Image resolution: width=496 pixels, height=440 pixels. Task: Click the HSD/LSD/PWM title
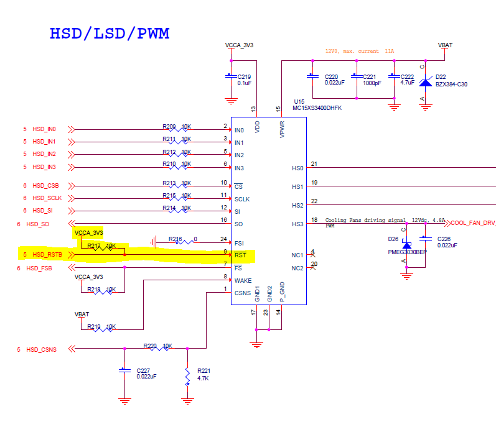pyautogui.click(x=109, y=33)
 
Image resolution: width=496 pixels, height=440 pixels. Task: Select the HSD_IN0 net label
pyautogui.click(x=44, y=129)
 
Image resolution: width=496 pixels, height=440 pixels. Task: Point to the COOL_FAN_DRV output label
pyautogui.click(x=473, y=222)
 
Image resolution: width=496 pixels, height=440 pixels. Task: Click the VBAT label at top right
pyautogui.click(x=445, y=45)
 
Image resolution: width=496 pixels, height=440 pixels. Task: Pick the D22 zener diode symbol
pyautogui.click(x=426, y=82)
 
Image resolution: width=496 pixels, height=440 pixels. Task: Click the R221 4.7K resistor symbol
pyautogui.click(x=187, y=375)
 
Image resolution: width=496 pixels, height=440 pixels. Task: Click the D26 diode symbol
pyautogui.click(x=406, y=247)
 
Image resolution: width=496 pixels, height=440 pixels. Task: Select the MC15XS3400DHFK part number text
pyautogui.click(x=317, y=108)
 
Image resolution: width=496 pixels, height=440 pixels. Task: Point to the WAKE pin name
pyautogui.click(x=243, y=280)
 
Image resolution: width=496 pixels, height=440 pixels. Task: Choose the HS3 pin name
pyautogui.click(x=297, y=224)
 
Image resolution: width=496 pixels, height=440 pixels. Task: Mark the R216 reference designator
pyautogui.click(x=176, y=239)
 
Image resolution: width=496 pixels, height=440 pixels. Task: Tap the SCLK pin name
pyautogui.click(x=243, y=199)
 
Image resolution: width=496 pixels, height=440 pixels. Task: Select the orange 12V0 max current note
pyautogui.click(x=360, y=51)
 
